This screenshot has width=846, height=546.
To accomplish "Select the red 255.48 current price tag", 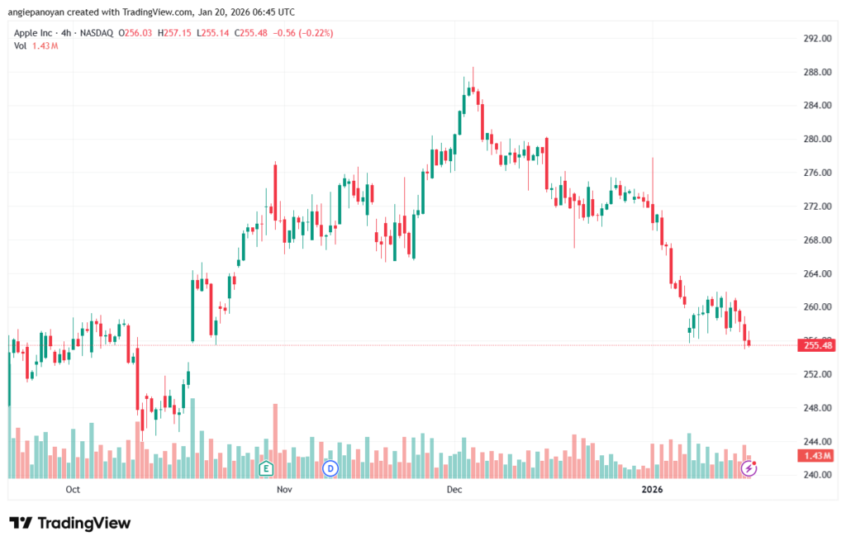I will (x=815, y=345).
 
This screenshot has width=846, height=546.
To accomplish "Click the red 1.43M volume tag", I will (x=815, y=456).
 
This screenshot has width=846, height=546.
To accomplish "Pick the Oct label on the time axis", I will (x=72, y=490).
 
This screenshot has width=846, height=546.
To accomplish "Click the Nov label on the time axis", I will (x=284, y=490).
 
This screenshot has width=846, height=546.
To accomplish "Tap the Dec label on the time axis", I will (x=454, y=490).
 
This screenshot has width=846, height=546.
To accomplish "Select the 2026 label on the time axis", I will (x=653, y=490).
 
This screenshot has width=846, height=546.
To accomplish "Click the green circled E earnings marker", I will (x=266, y=468).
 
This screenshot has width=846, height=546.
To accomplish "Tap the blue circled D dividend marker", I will (x=330, y=468).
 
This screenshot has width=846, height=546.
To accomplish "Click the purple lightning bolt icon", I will (x=749, y=468).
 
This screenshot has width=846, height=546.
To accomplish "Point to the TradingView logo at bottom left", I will (x=70, y=523).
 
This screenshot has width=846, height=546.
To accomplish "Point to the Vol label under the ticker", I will (x=21, y=45).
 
